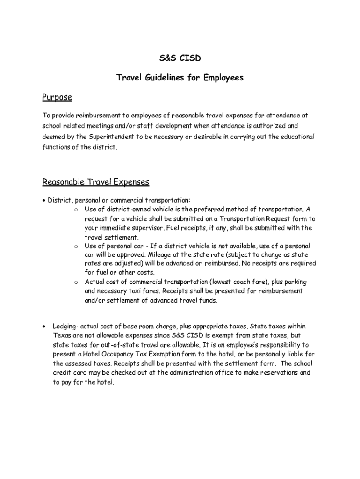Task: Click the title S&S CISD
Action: pyautogui.click(x=180, y=58)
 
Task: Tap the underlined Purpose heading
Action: pyautogui.click(x=57, y=97)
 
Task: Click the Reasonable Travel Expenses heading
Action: pyautogui.click(x=96, y=181)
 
